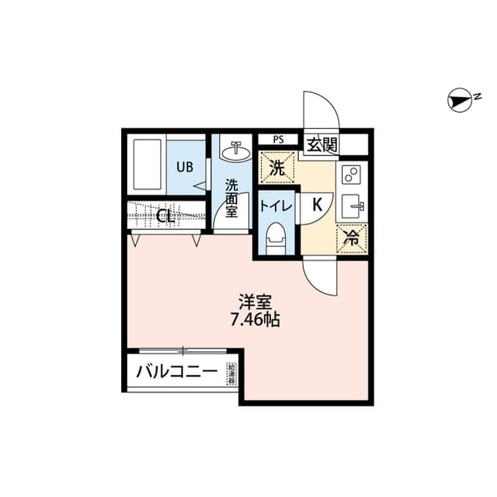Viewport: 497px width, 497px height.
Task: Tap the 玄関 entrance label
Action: point(321,144)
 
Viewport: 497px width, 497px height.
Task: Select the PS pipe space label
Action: point(278,141)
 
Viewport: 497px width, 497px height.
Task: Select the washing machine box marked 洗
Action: point(277,166)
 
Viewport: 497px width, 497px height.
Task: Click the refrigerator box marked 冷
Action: point(350,238)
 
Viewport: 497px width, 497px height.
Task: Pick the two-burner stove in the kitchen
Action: point(349,174)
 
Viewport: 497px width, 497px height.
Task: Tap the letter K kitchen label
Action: point(317,206)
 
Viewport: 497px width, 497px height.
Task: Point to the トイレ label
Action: point(276,206)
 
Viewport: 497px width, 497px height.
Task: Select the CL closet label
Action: point(165,217)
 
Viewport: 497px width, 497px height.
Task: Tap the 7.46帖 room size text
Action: point(254,319)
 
